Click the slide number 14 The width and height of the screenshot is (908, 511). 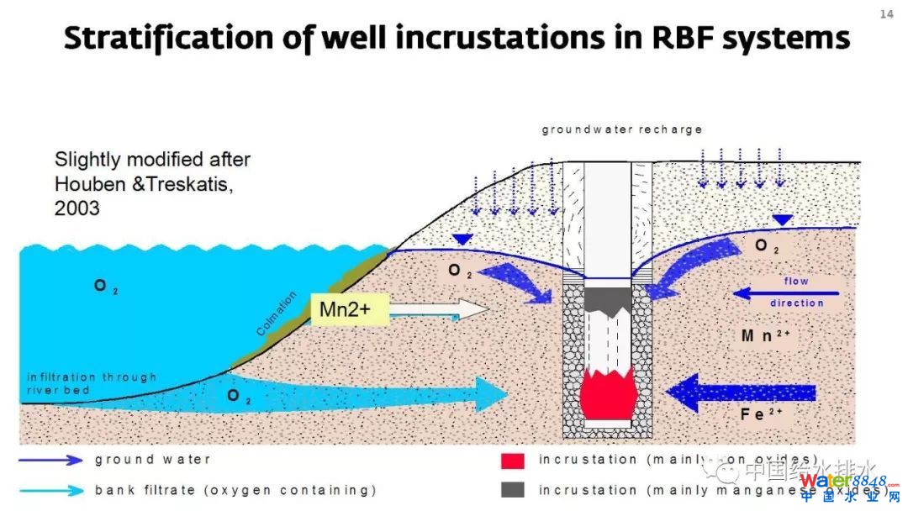pyautogui.click(x=886, y=13)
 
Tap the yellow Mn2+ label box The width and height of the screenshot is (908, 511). pyautogui.click(x=345, y=309)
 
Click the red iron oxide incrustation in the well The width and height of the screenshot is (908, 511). pyautogui.click(x=608, y=396)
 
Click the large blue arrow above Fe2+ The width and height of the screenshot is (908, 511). pyautogui.click(x=740, y=392)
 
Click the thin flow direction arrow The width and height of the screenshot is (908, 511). pyautogui.click(x=786, y=292)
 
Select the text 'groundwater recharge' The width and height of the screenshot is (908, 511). pyautogui.click(x=621, y=130)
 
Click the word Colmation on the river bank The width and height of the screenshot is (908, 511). pyautogui.click(x=277, y=313)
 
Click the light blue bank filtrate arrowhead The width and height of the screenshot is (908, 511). pyautogui.click(x=491, y=394)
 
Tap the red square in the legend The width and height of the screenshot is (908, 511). pyautogui.click(x=513, y=461)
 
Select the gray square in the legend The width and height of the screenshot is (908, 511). pyautogui.click(x=513, y=489)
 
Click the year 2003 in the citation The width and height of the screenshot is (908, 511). pyautogui.click(x=77, y=208)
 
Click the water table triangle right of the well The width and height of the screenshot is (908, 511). pyautogui.click(x=783, y=220)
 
